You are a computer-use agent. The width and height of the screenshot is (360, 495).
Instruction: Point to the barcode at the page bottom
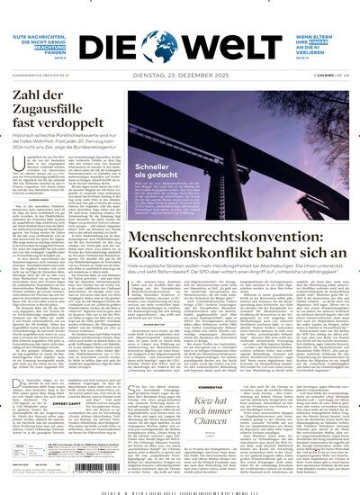click(180, 491)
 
